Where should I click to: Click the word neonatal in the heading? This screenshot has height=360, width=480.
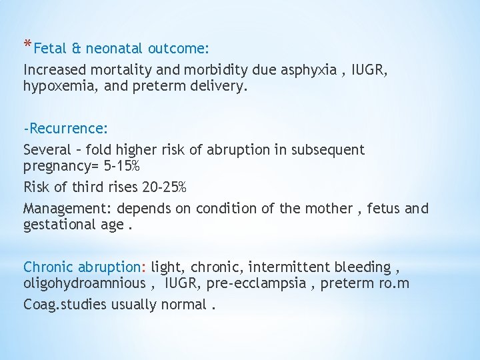pos(114,49)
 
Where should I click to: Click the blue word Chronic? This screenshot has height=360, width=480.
pos(49,267)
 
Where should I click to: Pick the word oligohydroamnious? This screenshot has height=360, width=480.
pos(85,283)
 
